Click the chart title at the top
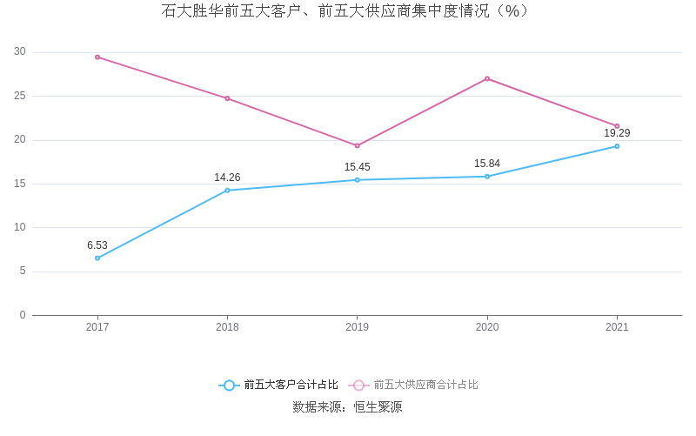pyautogui.click(x=345, y=11)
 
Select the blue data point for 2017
pyautogui.click(x=97, y=258)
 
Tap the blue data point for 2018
pyautogui.click(x=227, y=190)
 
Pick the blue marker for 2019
pyautogui.click(x=357, y=180)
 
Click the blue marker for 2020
pyautogui.click(x=487, y=177)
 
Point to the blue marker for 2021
pyautogui.click(x=617, y=146)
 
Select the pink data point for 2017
pyautogui.click(x=97, y=57)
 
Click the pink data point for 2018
pyautogui.click(x=227, y=98)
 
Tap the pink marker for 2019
pyautogui.click(x=357, y=145)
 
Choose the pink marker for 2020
pyautogui.click(x=487, y=78)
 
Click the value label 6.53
pyautogui.click(x=97, y=245)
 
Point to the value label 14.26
pyautogui.click(x=227, y=178)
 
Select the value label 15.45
pyautogui.click(x=357, y=167)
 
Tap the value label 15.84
pyautogui.click(x=487, y=164)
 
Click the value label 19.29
pyautogui.click(x=617, y=133)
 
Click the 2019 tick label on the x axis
pyautogui.click(x=357, y=327)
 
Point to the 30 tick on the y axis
pyautogui.click(x=20, y=52)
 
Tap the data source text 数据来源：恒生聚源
pyautogui.click(x=347, y=406)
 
